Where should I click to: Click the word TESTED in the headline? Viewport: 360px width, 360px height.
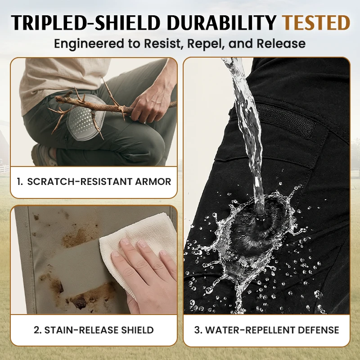(316, 22)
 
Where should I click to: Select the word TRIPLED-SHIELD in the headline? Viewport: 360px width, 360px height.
(85, 22)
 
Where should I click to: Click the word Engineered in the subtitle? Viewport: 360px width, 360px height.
(89, 44)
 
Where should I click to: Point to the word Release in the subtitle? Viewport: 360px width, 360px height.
(281, 43)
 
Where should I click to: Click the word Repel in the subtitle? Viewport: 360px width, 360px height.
(206, 44)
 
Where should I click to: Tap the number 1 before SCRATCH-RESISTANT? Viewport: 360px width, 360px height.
(19, 182)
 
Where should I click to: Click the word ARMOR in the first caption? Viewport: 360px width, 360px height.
(153, 182)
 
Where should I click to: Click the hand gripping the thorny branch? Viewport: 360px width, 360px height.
(152, 101)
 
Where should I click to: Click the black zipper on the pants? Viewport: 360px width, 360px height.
(285, 119)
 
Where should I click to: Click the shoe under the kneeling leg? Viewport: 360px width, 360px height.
(44, 155)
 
